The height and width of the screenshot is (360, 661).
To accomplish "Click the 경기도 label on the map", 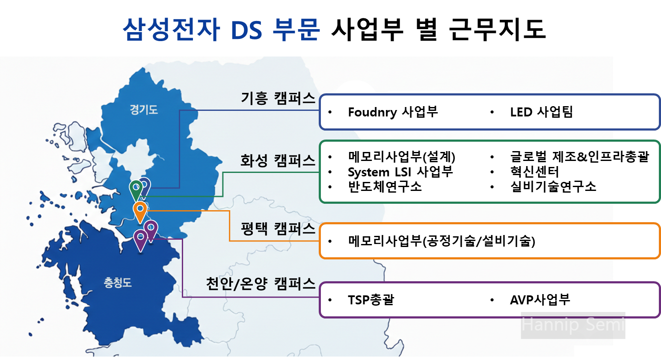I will click(x=144, y=110).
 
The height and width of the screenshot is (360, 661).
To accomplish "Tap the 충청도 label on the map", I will click(x=118, y=283).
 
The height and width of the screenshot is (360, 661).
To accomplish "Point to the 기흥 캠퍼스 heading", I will click(x=278, y=98).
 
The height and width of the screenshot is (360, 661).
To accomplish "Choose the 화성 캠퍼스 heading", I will click(x=278, y=161).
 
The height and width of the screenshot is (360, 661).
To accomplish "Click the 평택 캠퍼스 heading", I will click(x=278, y=229).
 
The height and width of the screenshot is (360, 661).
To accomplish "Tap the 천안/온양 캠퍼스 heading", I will click(x=261, y=283).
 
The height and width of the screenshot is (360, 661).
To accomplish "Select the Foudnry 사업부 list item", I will click(x=393, y=112).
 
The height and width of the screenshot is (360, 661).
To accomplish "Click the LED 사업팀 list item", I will click(x=541, y=112).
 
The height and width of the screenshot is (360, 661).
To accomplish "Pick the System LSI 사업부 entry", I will click(x=400, y=172).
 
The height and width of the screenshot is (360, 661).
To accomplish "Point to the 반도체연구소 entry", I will click(x=385, y=187).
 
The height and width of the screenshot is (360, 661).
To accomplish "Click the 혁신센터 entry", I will click(x=534, y=172).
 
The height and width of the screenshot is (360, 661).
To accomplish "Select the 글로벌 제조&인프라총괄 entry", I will click(x=579, y=157).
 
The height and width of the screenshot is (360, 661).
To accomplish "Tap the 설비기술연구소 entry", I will click(x=553, y=187).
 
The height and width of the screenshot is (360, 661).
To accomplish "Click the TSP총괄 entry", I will click(x=371, y=300).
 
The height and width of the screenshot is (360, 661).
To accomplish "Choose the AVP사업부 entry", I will click(x=540, y=300).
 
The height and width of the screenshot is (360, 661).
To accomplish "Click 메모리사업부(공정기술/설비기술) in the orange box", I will click(x=442, y=241).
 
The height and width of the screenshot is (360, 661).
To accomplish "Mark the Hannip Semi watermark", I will click(x=573, y=325).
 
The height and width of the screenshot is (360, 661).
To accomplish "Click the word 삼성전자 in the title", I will click(x=171, y=30).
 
